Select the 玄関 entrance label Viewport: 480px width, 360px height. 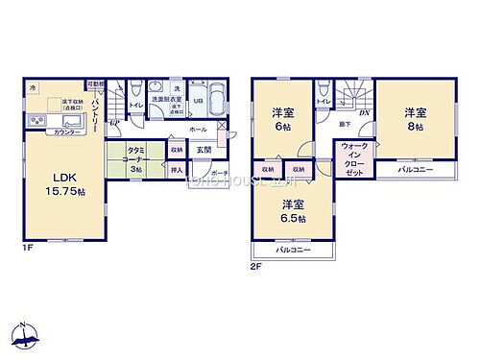click(204, 149)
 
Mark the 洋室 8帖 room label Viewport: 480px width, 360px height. click(413, 114)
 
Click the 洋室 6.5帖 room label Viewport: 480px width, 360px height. click(294, 211)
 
